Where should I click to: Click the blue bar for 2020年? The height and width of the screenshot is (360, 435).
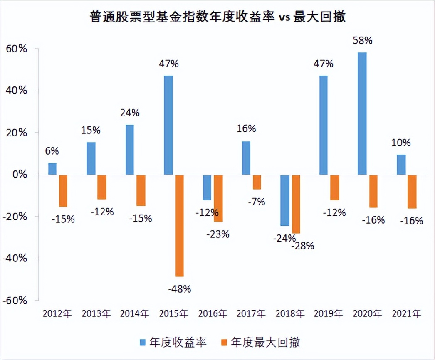point(362,113)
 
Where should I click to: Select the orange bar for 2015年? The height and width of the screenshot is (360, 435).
point(180,225)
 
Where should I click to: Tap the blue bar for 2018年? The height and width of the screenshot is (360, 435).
point(284,200)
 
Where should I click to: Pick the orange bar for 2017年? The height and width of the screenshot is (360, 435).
point(257,182)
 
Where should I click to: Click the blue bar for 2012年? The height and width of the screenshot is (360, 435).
point(52,169)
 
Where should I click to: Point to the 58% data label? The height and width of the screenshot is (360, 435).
point(362,41)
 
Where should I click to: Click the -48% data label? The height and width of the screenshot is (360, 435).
point(180,288)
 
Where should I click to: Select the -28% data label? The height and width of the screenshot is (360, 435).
point(303,246)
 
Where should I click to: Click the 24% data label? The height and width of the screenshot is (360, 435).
point(130,113)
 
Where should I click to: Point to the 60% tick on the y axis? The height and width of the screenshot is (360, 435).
point(17,49)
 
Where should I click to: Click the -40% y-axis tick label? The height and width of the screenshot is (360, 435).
point(15,259)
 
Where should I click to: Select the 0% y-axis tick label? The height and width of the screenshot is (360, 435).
point(20,175)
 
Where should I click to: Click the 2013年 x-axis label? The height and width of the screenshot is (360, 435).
point(96,313)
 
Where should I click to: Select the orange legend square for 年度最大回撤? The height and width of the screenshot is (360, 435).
point(225,342)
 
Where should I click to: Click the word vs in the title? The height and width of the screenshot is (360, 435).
point(283,18)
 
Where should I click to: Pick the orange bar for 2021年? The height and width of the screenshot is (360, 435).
point(412,191)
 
